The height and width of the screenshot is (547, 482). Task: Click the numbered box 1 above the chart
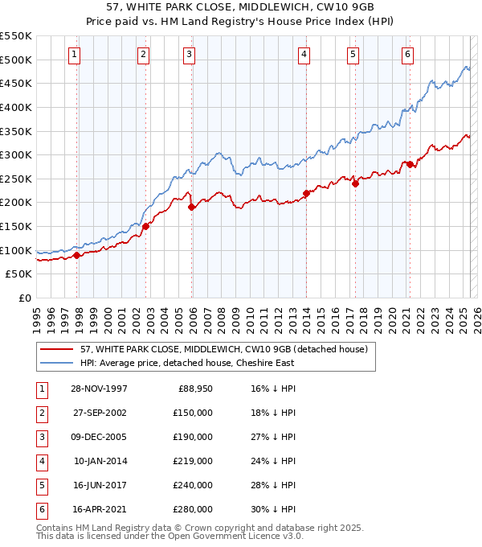pos(74,55)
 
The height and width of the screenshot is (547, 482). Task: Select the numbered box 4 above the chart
pos(305,55)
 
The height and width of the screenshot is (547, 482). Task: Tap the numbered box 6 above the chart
pos(408,55)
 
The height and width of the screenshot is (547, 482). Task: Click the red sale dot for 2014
pos(306,193)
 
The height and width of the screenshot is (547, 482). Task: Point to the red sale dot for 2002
pos(145,226)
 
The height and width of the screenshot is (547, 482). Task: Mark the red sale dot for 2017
pos(354,183)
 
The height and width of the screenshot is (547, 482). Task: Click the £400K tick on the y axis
pos(17,107)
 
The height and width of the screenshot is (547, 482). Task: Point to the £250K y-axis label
pos(17,179)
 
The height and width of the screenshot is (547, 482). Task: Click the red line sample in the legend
pos(56,350)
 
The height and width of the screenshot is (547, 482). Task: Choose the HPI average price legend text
pos(186,363)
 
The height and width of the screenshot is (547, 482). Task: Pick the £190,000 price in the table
pos(193,437)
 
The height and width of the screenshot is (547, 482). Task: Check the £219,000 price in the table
pos(193,461)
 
